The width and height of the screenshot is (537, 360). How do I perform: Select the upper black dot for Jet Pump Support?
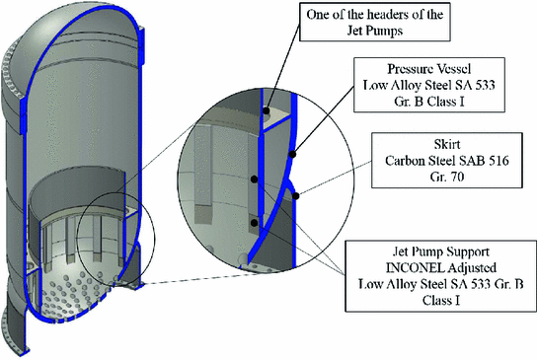(255, 180)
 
